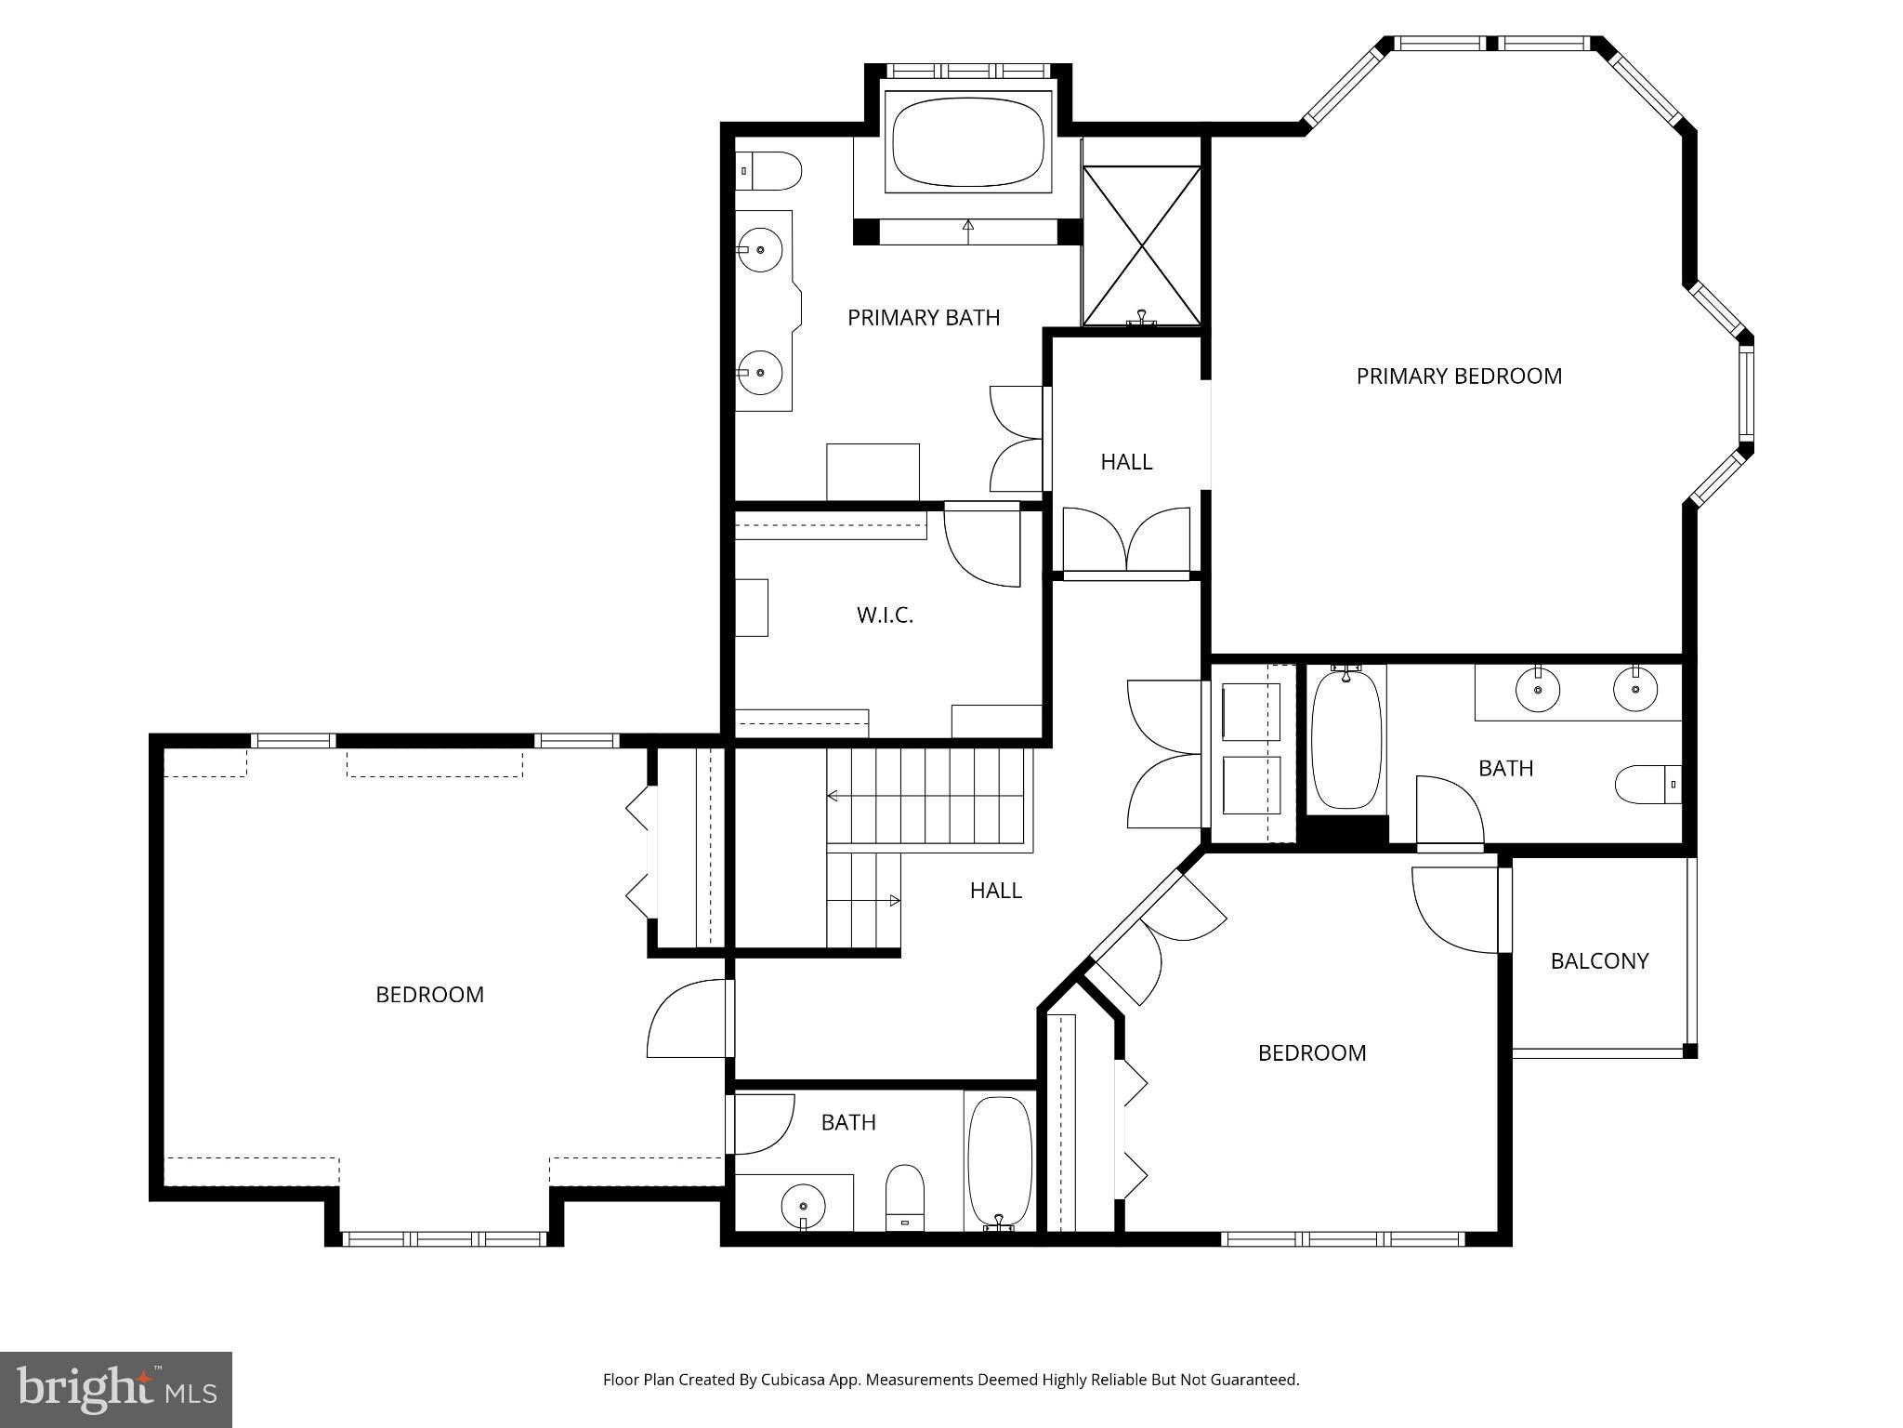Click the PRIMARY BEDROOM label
click(1459, 377)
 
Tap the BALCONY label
click(1599, 961)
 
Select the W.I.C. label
click(885, 615)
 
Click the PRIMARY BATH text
click(924, 318)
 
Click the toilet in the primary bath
click(769, 172)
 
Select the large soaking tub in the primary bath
click(967, 145)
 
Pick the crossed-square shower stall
click(1142, 245)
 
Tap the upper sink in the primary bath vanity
click(761, 249)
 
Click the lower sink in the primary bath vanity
click(761, 373)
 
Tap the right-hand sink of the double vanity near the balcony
click(1635, 690)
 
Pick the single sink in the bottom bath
click(802, 1206)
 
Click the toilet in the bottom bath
click(904, 1198)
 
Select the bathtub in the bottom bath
click(1000, 1162)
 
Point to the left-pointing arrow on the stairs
click(833, 796)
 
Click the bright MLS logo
click(116, 1389)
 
